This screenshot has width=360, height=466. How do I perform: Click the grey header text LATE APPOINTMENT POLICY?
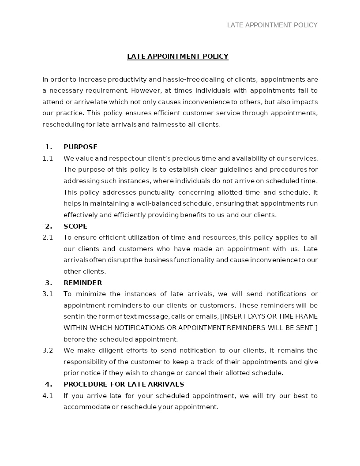point(272,25)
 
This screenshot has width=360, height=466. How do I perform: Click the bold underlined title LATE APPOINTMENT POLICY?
point(178,56)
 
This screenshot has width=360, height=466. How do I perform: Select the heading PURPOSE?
point(80,147)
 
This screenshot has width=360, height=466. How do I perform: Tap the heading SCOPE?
point(75,226)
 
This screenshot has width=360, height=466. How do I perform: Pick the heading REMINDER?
point(82,283)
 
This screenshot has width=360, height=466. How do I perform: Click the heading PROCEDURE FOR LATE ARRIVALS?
point(124,384)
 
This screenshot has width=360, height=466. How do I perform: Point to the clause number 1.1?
point(48,158)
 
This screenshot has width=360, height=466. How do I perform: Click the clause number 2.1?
point(48,237)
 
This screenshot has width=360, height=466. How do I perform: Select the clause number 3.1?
point(48,294)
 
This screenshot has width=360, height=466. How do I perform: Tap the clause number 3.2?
point(48,350)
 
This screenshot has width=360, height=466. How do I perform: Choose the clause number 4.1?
point(48,396)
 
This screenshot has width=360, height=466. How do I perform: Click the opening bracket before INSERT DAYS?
point(221,316)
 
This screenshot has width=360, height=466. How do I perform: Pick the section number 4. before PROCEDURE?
point(49,384)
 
